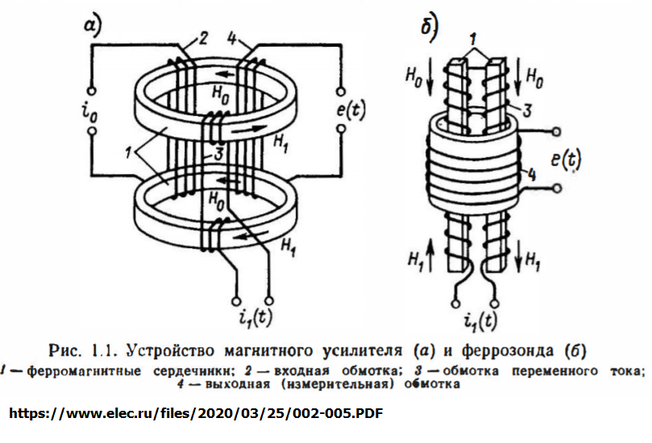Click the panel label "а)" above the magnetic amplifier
coord(93,27)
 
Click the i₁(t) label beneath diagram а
coord(257,317)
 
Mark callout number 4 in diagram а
coord(232,38)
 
